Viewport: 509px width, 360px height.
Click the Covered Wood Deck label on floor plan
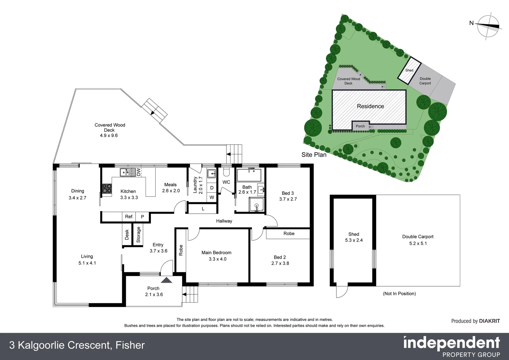(110, 127)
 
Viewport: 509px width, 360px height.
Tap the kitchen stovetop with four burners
(107, 189)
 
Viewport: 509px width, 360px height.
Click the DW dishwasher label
(139, 172)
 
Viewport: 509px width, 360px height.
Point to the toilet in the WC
(226, 171)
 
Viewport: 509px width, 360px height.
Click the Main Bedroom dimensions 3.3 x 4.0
(217, 259)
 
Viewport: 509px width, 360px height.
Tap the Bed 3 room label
(287, 193)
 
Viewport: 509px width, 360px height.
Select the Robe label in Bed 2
(289, 233)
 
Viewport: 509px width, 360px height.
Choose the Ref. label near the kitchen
(129, 217)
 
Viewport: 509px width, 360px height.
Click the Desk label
(127, 235)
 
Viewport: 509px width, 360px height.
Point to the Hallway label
(224, 221)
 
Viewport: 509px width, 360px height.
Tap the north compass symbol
(488, 26)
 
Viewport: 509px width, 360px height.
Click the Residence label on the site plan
(370, 106)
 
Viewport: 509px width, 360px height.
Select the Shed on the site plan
(409, 70)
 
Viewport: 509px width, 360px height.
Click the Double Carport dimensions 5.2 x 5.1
(418, 243)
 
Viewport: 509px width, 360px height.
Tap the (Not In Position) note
(399, 294)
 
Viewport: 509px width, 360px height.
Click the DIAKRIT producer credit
(475, 321)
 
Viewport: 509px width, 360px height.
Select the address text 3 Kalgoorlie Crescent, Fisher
(77, 345)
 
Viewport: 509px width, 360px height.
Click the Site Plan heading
(314, 155)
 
